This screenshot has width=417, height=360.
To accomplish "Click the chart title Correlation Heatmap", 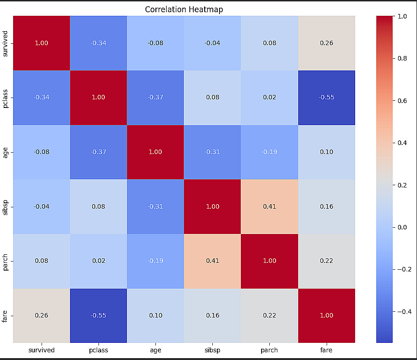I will pos(184,9).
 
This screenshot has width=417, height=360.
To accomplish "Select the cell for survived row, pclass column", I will pos(98,43).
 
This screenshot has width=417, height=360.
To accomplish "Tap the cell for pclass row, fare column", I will pos(326,98).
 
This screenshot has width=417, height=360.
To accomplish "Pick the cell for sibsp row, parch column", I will pos(269,206).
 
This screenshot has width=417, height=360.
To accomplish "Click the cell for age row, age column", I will pos(155,152).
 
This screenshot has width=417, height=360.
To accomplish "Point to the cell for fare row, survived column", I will pos(42,315).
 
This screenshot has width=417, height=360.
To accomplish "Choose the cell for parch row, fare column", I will pos(326,261).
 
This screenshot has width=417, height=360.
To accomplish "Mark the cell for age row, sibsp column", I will pos(212,152).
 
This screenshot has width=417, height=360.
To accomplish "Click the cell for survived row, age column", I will pos(155,43).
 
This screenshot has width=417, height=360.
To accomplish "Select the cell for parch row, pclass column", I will pos(98,261).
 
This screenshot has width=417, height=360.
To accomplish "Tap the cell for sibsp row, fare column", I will pos(326,206).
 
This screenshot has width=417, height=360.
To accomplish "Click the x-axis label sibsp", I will pos(212,350).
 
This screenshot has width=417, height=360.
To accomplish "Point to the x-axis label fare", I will pos(326,350).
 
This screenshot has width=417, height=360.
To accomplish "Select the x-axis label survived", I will pos(42,350).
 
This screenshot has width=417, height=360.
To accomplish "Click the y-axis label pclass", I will pos(5,98).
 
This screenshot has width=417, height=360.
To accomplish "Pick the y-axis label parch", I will pos(5,261).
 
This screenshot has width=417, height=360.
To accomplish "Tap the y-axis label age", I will pos(5,152).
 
